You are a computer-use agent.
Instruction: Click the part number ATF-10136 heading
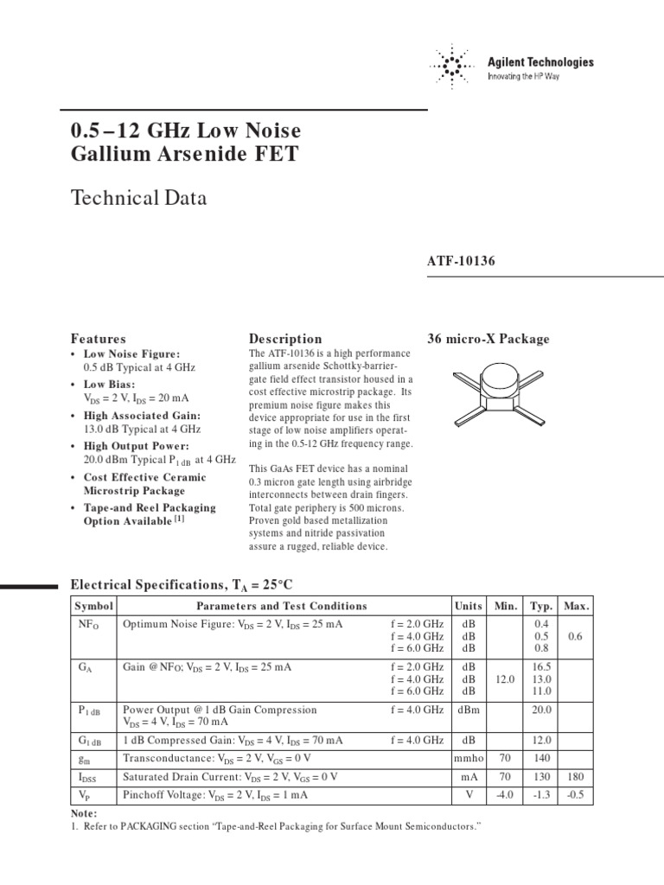pos(461,261)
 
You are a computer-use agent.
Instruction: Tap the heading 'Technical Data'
pos(138,198)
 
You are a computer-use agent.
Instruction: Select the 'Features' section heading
pos(98,339)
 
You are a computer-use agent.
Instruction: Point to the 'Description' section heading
pos(285,339)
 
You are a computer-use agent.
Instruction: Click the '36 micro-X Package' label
pos(488,339)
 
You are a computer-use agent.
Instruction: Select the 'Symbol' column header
pos(93,606)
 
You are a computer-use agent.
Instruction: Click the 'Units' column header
pos(469,606)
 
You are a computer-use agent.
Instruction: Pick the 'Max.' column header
pos(577,606)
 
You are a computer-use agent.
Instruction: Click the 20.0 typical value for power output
pos(541,710)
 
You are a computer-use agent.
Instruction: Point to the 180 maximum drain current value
pos(577,777)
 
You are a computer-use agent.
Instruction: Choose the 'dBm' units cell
pos(469,710)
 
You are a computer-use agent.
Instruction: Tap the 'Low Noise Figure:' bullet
pos(131,354)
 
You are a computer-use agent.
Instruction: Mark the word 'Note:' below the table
pos(84,813)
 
